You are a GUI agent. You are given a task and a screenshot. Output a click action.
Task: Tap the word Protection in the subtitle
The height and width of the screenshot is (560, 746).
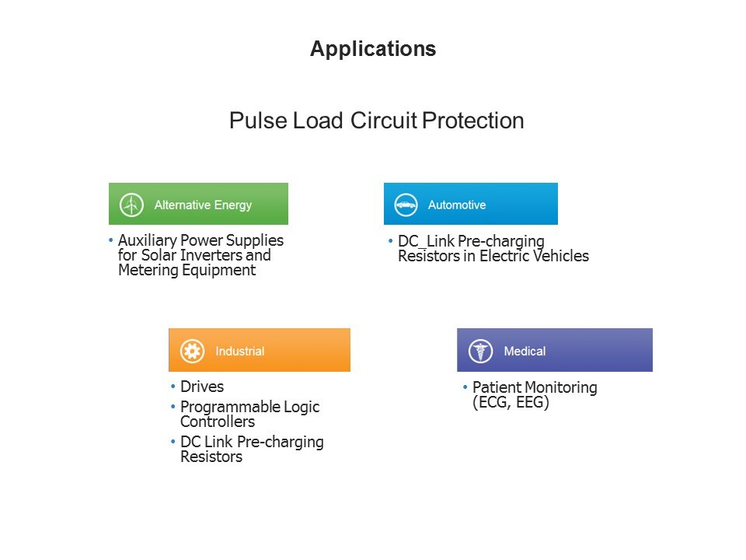(473, 120)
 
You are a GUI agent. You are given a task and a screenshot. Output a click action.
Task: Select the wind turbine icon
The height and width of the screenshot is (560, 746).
(131, 205)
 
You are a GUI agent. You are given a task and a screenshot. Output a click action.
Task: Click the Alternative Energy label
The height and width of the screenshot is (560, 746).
(203, 205)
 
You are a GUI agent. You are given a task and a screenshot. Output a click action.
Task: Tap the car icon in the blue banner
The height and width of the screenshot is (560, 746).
(406, 205)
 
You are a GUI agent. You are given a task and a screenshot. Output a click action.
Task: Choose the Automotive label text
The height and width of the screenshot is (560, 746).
(457, 205)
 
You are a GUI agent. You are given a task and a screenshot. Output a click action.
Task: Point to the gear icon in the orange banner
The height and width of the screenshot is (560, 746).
(192, 351)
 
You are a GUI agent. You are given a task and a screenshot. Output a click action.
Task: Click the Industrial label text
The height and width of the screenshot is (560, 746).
(240, 351)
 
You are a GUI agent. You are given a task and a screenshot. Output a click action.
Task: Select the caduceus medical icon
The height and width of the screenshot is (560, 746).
(480, 351)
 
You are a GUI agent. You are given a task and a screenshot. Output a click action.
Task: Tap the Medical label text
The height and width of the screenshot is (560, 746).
(525, 351)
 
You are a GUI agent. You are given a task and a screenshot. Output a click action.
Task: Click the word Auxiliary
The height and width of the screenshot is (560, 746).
(148, 240)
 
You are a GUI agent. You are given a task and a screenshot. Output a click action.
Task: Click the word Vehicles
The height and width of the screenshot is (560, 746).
(560, 256)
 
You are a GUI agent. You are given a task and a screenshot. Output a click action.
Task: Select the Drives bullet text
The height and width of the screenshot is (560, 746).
(202, 387)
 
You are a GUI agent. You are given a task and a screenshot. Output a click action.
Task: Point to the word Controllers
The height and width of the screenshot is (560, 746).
(218, 422)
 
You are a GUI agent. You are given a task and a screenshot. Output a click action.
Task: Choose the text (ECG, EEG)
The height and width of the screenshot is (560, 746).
(511, 402)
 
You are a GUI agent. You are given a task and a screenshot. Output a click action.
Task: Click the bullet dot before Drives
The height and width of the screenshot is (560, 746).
(173, 387)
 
